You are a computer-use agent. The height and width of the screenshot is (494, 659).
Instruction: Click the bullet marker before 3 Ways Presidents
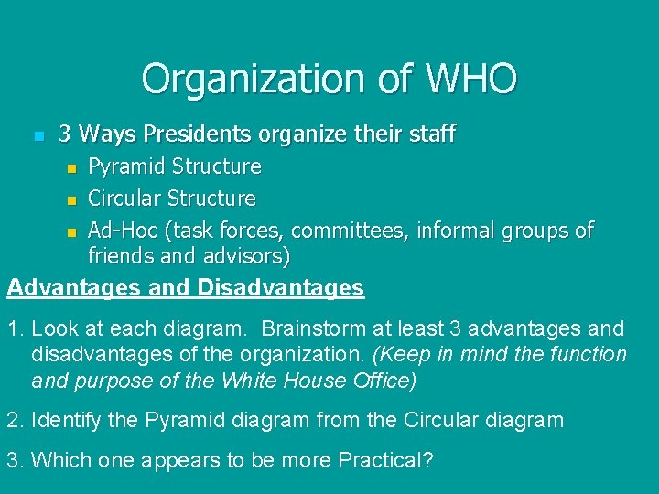[38, 136]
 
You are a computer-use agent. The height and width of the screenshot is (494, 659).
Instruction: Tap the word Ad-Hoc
[120, 230]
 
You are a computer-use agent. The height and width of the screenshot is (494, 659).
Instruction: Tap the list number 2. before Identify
[15, 420]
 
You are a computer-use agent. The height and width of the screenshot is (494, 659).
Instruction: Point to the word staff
[434, 134]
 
